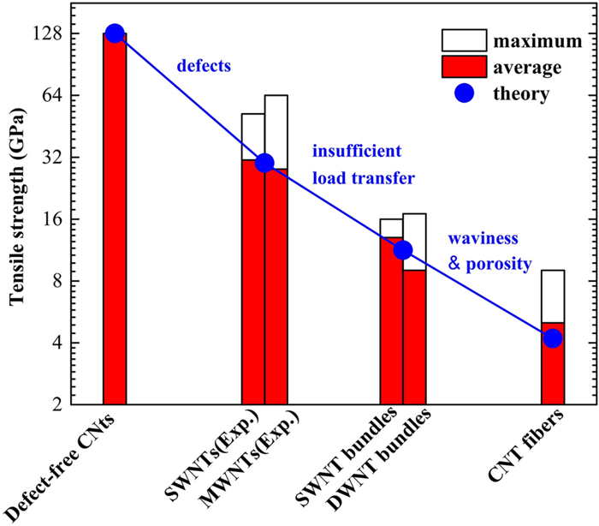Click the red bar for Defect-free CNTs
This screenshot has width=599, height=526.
(115, 223)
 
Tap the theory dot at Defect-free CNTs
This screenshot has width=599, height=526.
(115, 33)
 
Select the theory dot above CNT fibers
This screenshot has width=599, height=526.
(553, 338)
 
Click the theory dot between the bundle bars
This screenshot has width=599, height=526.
(403, 250)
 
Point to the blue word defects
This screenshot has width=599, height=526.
(205, 65)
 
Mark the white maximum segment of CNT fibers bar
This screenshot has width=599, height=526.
(553, 296)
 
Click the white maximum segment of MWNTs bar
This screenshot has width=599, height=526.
(276, 131)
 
